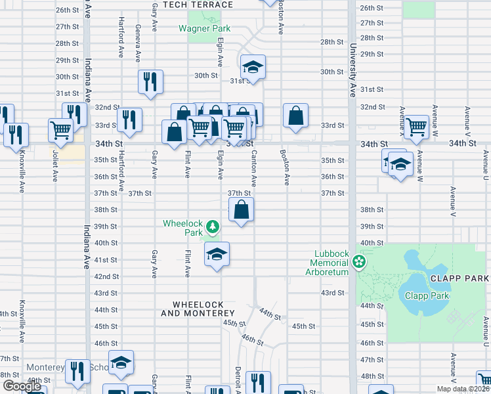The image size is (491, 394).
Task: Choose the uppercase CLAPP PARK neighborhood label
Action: (459, 278)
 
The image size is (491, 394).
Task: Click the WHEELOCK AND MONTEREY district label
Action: (198, 309)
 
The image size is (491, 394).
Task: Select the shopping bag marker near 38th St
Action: (242, 211)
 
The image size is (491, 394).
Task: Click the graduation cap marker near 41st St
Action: (217, 255)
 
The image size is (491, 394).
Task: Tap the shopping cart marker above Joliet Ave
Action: (60, 129)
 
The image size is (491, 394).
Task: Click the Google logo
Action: (22, 387)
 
